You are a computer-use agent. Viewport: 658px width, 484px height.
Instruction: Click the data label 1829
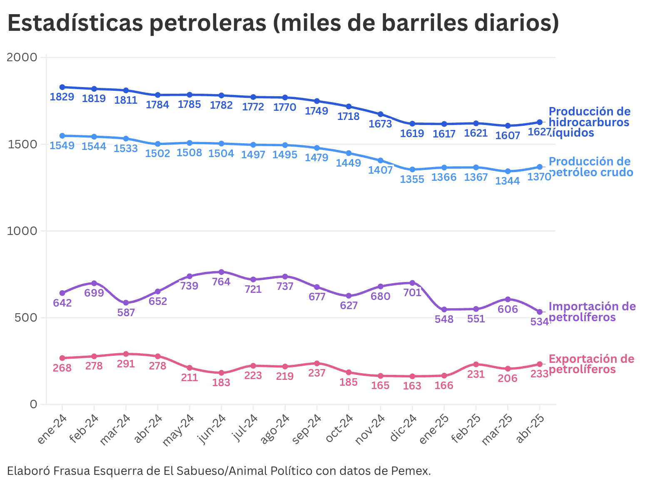pyautogui.click(x=62, y=97)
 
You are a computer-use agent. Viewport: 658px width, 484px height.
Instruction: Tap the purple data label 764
pyautogui.click(x=221, y=282)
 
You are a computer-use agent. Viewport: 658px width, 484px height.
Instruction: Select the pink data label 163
pyautogui.click(x=412, y=386)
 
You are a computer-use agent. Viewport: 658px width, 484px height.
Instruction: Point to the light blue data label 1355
pyautogui.click(x=412, y=179)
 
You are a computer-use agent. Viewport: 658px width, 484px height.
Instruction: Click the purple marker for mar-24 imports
pyautogui.click(x=126, y=303)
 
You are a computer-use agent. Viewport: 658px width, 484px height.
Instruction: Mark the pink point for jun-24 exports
pyautogui.click(x=221, y=373)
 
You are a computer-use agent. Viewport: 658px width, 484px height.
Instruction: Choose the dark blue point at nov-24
pyautogui.click(x=380, y=114)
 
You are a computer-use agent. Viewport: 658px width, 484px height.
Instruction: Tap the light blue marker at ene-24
pyautogui.click(x=62, y=136)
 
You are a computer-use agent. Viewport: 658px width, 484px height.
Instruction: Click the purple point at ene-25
pyautogui.click(x=444, y=309)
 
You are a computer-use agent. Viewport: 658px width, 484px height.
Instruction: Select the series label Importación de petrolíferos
pyautogui.click(x=591, y=312)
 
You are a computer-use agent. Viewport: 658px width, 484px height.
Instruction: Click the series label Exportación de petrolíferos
pyautogui.click(x=591, y=364)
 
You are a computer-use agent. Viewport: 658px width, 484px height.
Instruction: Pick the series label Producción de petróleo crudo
pyautogui.click(x=590, y=167)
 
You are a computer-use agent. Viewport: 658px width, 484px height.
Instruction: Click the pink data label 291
pyautogui.click(x=126, y=364)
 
